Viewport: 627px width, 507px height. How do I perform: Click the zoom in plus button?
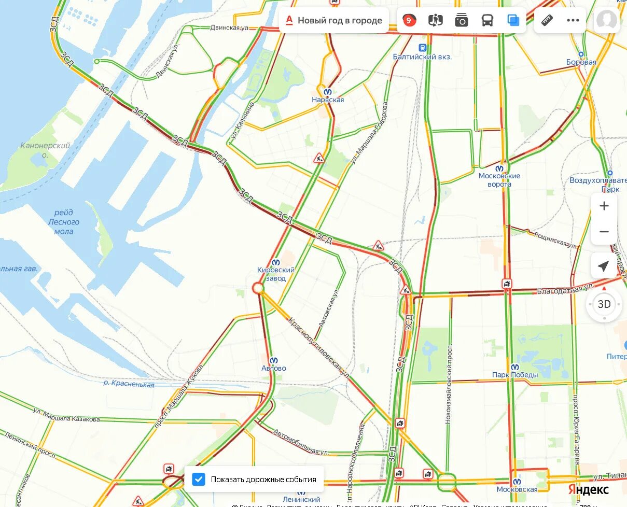click(604, 206)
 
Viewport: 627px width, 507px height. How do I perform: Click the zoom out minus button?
click(604, 231)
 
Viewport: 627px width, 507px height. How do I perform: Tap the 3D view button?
click(604, 304)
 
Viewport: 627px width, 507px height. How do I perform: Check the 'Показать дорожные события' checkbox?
click(199, 479)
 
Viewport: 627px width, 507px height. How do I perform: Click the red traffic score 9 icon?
click(409, 21)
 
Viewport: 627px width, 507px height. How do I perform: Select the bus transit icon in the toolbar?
click(487, 21)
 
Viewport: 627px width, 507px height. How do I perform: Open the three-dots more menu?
click(573, 21)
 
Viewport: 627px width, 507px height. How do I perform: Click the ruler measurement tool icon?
click(547, 21)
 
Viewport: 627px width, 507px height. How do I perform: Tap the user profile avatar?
click(606, 21)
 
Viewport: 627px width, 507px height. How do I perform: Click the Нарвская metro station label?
click(328, 100)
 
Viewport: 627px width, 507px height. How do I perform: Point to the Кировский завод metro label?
click(276, 274)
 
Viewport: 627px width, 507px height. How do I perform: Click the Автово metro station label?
click(274, 368)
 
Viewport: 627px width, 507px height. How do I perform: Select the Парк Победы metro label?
click(515, 374)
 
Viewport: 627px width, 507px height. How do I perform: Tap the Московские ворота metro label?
click(499, 179)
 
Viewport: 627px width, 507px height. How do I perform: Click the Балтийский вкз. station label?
click(422, 57)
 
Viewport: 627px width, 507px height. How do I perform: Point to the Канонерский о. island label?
click(45, 150)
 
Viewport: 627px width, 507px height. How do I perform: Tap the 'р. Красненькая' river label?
click(129, 385)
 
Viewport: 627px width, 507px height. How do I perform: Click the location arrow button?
click(604, 266)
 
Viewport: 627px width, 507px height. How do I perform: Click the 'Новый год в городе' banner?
click(335, 21)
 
